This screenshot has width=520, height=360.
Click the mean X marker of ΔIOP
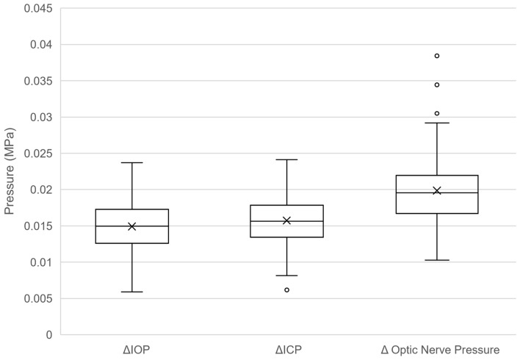(x=132, y=226)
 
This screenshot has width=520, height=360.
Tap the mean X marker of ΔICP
(x=286, y=220)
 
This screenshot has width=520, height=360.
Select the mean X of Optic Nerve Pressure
(x=437, y=190)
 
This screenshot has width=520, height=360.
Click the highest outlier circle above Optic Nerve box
(x=437, y=56)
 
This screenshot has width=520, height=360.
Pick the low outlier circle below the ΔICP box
(x=287, y=290)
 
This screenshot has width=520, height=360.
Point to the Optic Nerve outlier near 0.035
(x=437, y=85)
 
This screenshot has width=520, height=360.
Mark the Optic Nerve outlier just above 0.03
(x=437, y=113)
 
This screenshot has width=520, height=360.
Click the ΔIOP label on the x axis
(x=137, y=350)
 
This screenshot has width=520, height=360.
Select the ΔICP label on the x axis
(x=289, y=350)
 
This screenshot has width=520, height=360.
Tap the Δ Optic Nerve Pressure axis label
(x=440, y=350)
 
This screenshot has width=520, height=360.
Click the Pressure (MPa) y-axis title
(x=10, y=171)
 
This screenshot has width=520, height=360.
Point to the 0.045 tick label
(x=38, y=8)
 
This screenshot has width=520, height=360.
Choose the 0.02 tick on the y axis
(x=41, y=190)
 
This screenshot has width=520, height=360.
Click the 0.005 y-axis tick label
(x=38, y=298)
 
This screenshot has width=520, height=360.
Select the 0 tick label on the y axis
(x=49, y=335)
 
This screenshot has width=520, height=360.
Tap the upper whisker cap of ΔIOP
(x=132, y=162)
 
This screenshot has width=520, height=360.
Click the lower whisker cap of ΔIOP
(x=132, y=292)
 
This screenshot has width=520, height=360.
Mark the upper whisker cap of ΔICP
(x=286, y=159)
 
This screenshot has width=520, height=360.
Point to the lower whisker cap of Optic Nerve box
(x=437, y=260)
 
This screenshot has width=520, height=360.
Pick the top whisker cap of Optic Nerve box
(x=437, y=123)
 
